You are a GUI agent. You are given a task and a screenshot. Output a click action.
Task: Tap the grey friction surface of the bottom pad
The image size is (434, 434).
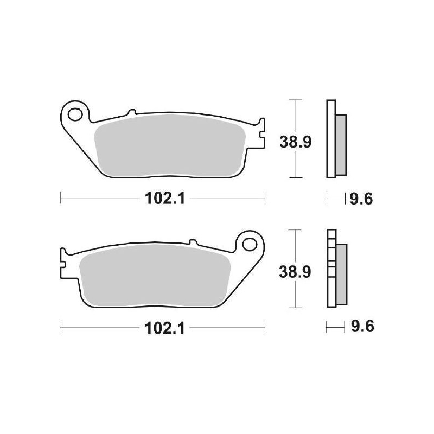157,274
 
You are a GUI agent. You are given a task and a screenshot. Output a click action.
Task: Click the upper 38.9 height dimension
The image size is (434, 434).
295,142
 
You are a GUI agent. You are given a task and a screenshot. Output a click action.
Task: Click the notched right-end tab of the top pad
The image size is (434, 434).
261,133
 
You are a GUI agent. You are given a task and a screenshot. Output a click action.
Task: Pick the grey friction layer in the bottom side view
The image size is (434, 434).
341,274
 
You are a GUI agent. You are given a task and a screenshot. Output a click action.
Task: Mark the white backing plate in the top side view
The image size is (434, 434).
330,139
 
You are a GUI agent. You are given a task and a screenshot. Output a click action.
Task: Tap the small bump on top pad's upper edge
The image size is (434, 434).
130,113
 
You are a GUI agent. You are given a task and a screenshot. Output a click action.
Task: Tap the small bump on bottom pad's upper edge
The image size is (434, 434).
192,242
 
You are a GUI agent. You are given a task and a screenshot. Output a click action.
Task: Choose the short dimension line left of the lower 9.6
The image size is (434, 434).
335,327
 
